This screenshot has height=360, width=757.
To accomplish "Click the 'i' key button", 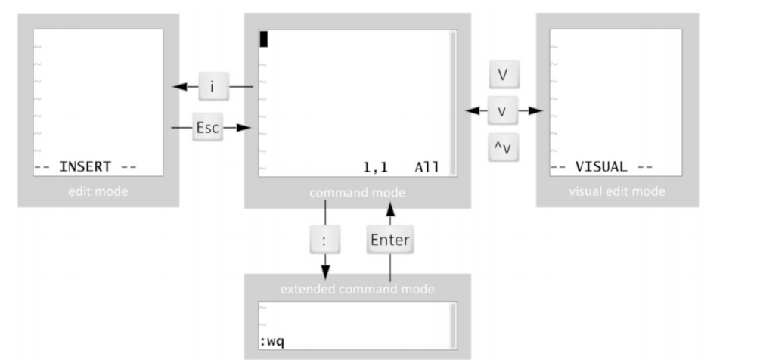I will tap(213, 88).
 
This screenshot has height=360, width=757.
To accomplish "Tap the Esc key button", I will tap(206, 128).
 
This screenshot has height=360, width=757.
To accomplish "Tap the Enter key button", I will tap(389, 241).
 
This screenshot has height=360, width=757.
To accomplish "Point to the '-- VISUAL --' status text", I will tap(602, 166).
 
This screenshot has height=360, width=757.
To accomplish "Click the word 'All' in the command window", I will tap(426, 166).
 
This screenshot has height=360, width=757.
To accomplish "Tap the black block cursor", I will tap(263, 39).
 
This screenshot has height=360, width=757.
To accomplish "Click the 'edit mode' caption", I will tap(98, 192).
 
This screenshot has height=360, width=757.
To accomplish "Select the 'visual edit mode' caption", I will tap(616, 192).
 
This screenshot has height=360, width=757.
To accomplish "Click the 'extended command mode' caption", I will tap(357, 288).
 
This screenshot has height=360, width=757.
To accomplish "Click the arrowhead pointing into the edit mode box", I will tap(179, 88).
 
